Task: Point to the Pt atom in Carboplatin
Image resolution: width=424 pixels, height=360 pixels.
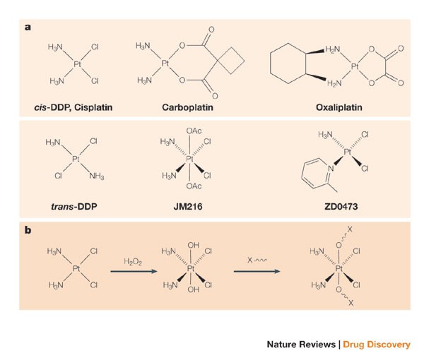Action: click(x=165, y=64)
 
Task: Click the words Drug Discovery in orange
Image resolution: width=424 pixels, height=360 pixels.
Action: click(x=377, y=345)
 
